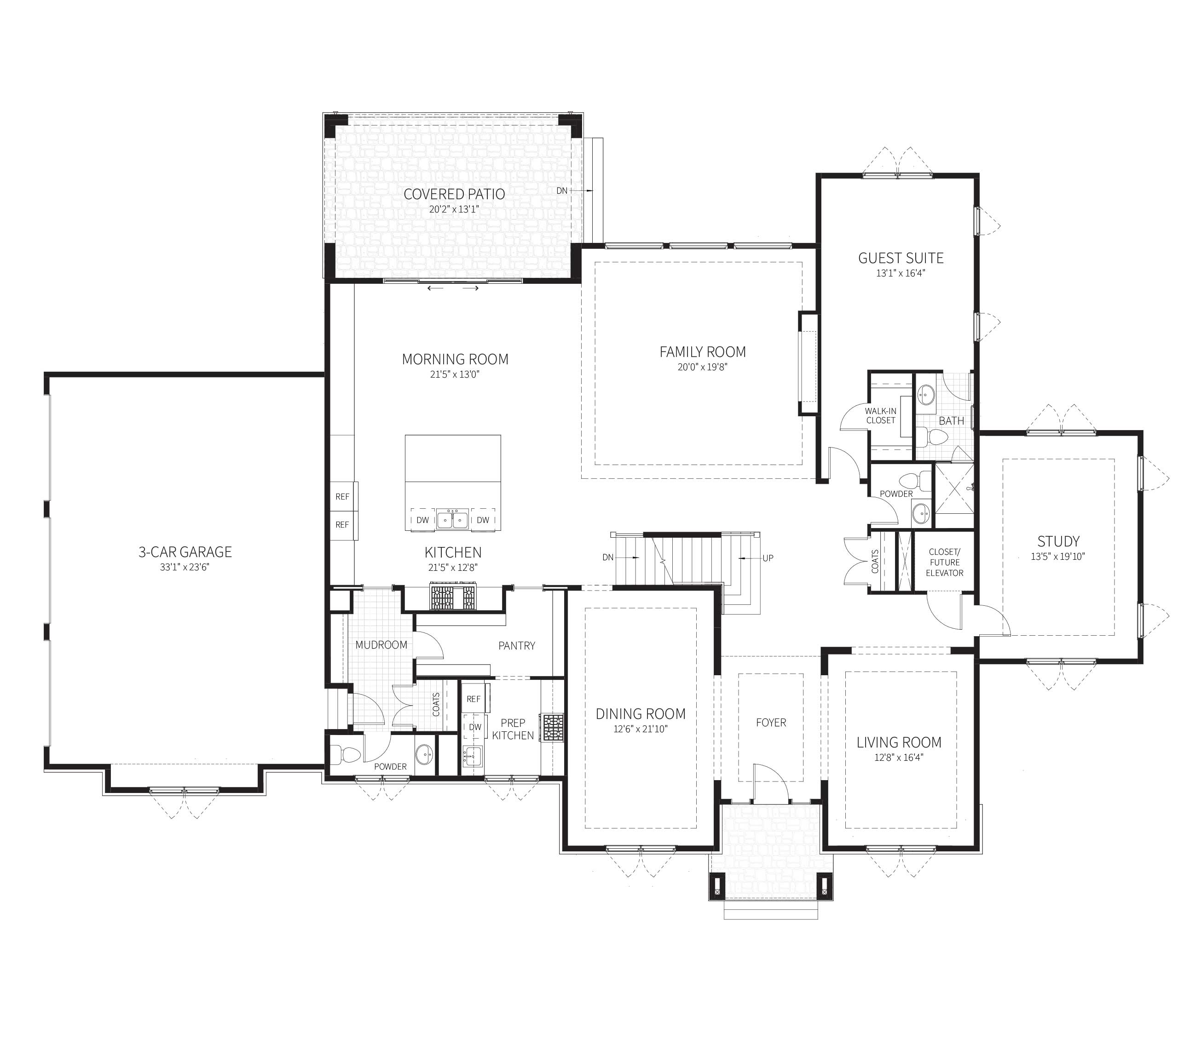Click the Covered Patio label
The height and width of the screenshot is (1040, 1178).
454,194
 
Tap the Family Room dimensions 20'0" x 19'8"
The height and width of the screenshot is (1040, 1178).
703,367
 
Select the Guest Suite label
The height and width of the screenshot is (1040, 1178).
901,258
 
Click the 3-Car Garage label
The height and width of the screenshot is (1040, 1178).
185,552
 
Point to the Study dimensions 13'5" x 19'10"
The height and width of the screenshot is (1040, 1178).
1058,557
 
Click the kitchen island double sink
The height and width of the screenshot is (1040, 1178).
452,519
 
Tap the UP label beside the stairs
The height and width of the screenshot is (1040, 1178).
768,558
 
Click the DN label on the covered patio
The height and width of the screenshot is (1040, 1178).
561,190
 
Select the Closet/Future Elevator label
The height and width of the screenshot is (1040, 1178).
945,563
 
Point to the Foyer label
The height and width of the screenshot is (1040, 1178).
771,723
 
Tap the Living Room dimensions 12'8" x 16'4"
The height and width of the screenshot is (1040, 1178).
899,758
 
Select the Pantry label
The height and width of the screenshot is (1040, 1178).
517,646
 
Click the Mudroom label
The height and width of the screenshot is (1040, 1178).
381,645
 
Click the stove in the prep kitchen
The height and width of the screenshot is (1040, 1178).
552,727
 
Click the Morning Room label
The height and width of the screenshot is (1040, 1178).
455,360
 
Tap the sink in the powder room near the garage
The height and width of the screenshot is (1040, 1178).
425,753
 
